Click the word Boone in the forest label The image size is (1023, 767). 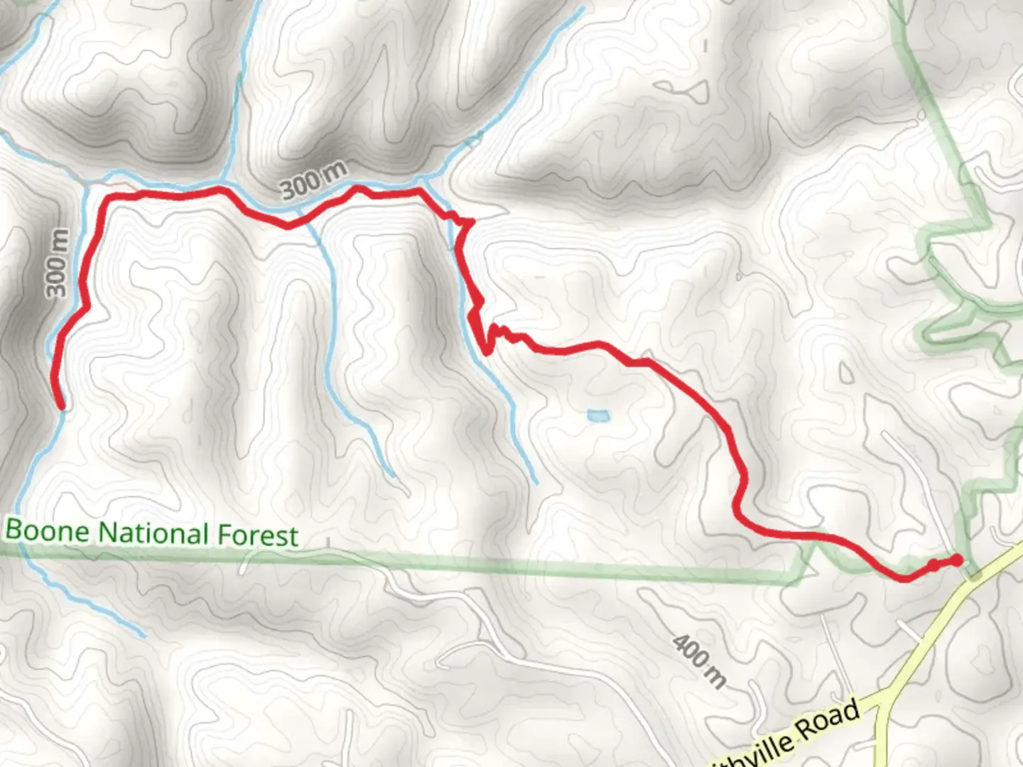coord(48,531)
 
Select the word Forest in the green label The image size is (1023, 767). coord(257,535)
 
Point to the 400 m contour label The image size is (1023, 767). coord(700,662)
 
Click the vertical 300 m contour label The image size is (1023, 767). coord(58,263)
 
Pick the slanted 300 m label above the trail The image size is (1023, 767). coord(314,180)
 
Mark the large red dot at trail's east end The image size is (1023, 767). coord(957,560)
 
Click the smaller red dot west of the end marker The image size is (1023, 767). coord(933,564)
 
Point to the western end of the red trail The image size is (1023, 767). coord(61,406)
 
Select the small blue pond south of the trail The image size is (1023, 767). coord(597,415)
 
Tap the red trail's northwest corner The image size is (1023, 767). coord(107,197)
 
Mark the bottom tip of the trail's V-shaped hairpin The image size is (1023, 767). coord(487,352)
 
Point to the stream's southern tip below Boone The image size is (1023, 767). coord(144,635)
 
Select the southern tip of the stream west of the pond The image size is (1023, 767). coord(536,483)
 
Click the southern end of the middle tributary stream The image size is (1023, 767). coord(392,477)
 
